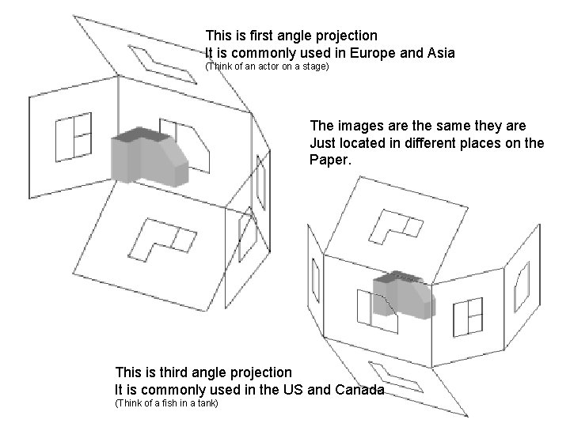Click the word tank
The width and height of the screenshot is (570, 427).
(x=207, y=403)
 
